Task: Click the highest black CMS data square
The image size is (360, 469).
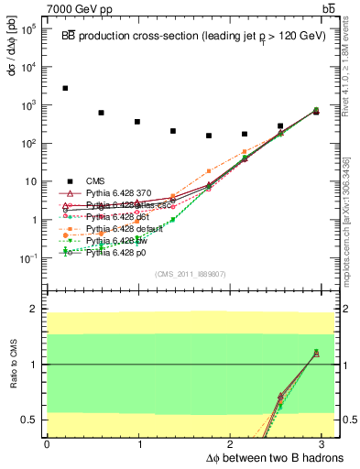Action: pos(65,88)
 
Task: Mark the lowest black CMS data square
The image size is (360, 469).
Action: pos(209,136)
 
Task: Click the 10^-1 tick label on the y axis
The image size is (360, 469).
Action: pos(29,258)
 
